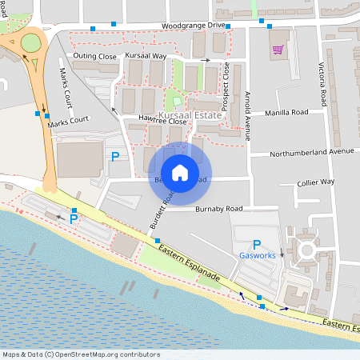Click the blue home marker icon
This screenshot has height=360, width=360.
pos(180,172)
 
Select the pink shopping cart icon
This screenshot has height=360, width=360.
pos(278,50)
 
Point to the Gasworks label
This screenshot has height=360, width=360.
pos(257,255)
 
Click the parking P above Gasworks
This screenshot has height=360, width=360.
pos(257,244)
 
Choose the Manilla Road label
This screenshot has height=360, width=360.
pos(286,114)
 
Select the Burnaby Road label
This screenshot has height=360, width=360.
pos(218,210)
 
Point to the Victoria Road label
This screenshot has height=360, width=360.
pos(322,84)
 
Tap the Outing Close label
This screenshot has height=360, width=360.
pos(94,57)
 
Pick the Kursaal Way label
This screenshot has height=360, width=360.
pos(146,56)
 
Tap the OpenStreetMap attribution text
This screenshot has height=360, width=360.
pos(81,354)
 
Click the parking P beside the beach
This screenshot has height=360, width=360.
pos(74,218)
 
